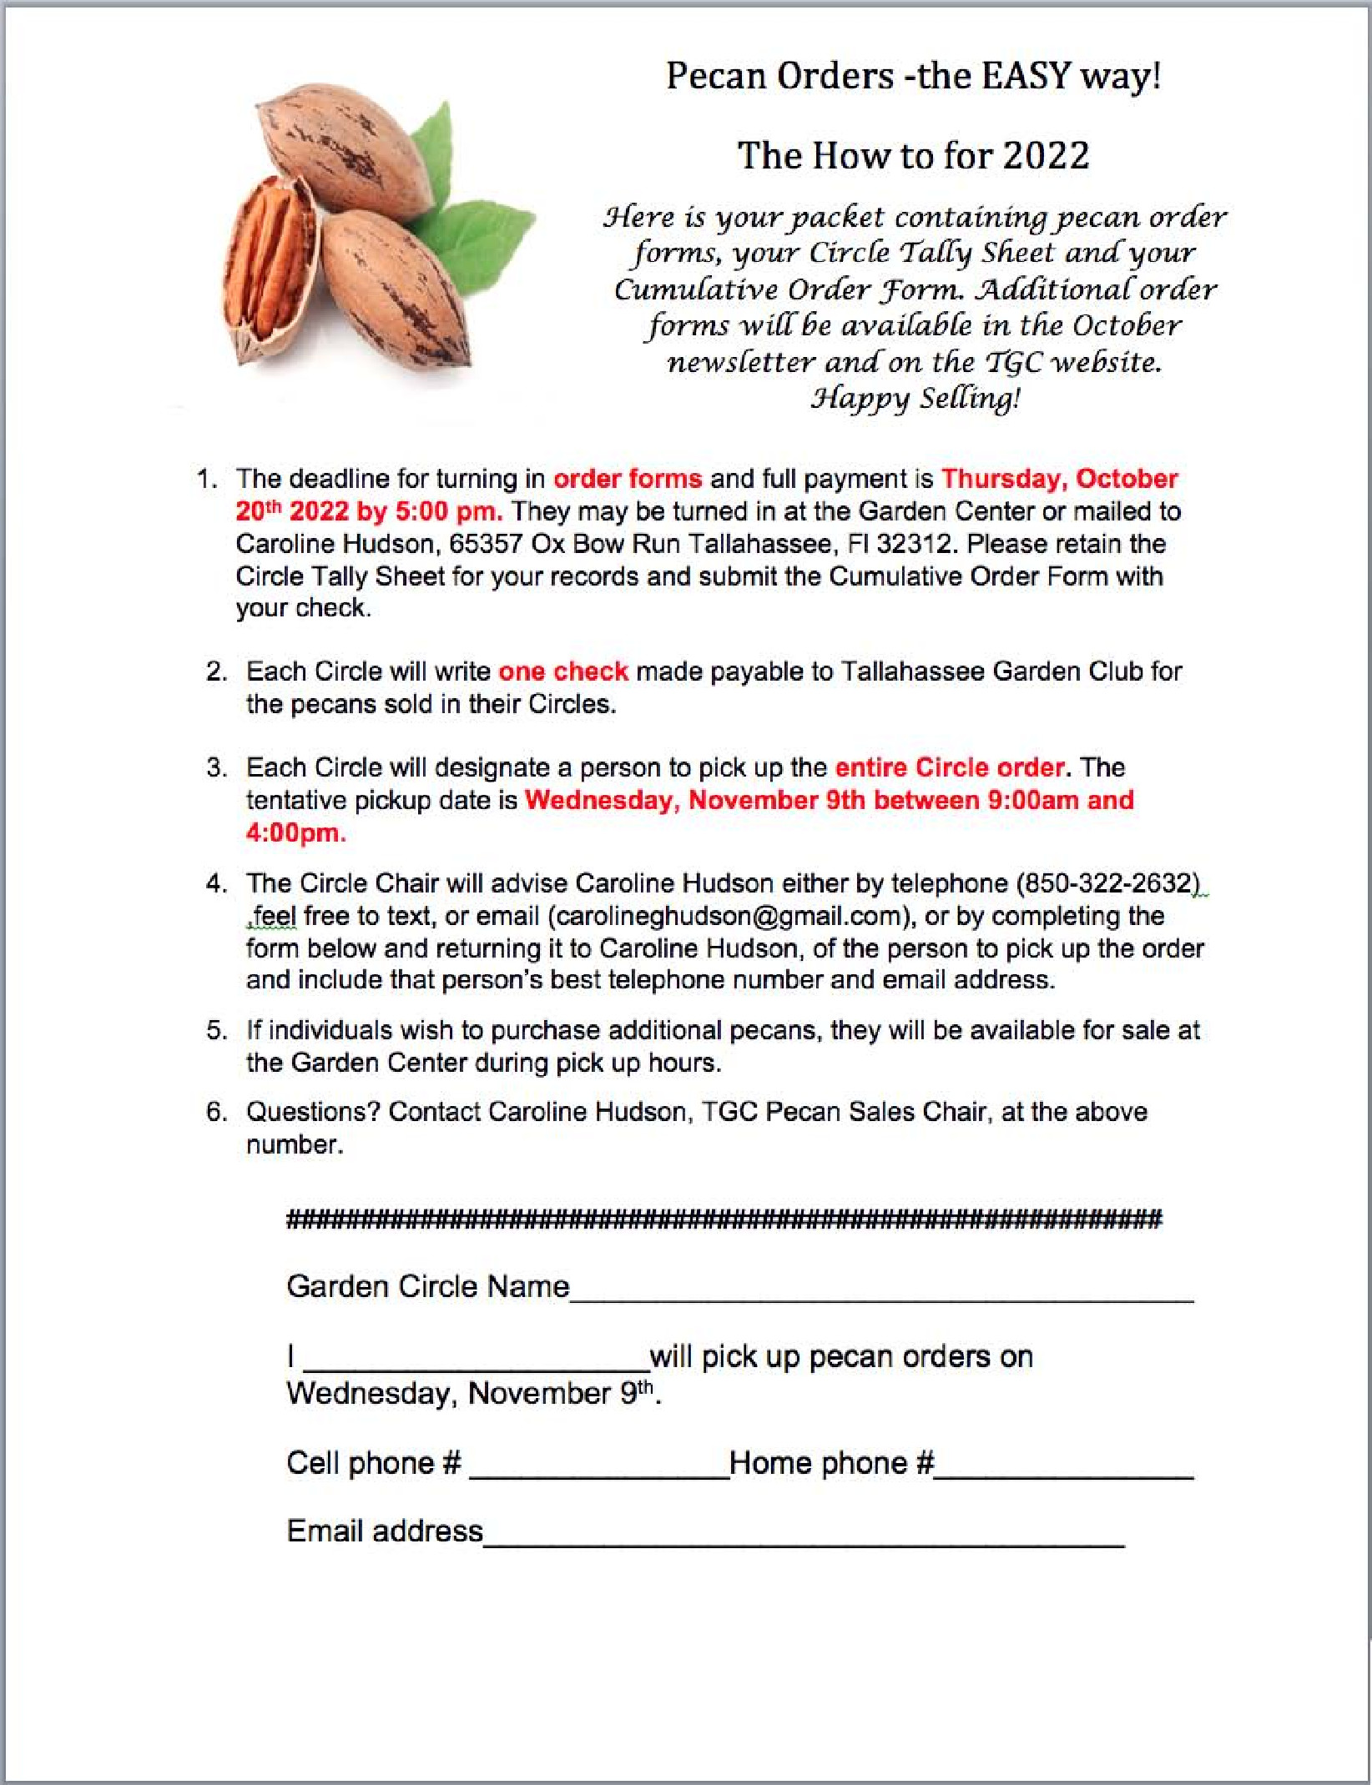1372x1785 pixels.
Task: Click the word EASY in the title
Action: coord(1026,77)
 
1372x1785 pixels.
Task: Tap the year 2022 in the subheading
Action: coord(1046,156)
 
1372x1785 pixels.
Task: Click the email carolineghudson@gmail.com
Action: coord(728,916)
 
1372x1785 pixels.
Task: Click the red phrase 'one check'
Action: coord(563,671)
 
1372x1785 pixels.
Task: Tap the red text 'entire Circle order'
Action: coord(950,767)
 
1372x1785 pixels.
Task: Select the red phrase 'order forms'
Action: coord(628,479)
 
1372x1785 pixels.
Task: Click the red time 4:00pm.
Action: coord(295,832)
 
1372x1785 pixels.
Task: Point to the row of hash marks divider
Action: coord(724,1220)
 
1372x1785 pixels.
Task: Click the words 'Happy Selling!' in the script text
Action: coord(916,399)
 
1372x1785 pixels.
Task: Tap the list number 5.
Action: coord(215,1031)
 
